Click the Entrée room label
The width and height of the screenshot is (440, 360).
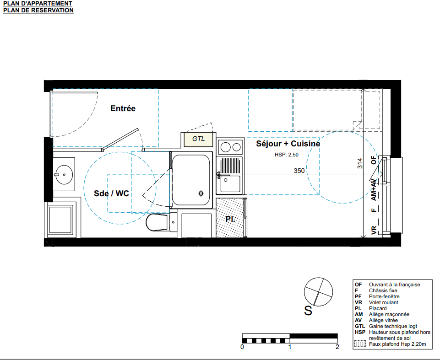(x=123, y=108)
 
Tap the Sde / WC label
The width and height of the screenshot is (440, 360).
(x=111, y=193)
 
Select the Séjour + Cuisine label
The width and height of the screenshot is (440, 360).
(x=288, y=144)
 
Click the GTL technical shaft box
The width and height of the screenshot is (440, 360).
(x=198, y=139)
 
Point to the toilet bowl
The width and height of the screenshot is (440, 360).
(x=157, y=222)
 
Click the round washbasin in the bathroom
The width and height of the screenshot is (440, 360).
(x=64, y=175)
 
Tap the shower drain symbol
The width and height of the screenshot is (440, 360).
(x=201, y=193)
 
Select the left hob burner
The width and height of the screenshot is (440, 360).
(x=225, y=147)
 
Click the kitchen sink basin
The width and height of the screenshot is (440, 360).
(x=230, y=184)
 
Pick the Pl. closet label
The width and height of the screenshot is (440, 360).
(x=230, y=219)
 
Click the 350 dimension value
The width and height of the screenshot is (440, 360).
(x=299, y=171)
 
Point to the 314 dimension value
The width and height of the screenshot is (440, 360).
(x=360, y=163)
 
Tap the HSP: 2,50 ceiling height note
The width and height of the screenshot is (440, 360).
(x=287, y=155)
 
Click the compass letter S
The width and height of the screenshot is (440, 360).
(x=308, y=311)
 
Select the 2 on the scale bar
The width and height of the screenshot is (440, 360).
(x=337, y=347)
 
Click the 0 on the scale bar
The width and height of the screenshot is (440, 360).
(x=242, y=347)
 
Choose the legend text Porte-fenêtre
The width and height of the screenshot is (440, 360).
(x=384, y=296)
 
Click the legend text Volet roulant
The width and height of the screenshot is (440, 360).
(x=384, y=302)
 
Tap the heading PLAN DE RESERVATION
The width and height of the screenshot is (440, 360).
(x=38, y=11)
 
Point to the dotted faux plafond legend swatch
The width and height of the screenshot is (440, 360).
(x=360, y=344)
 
